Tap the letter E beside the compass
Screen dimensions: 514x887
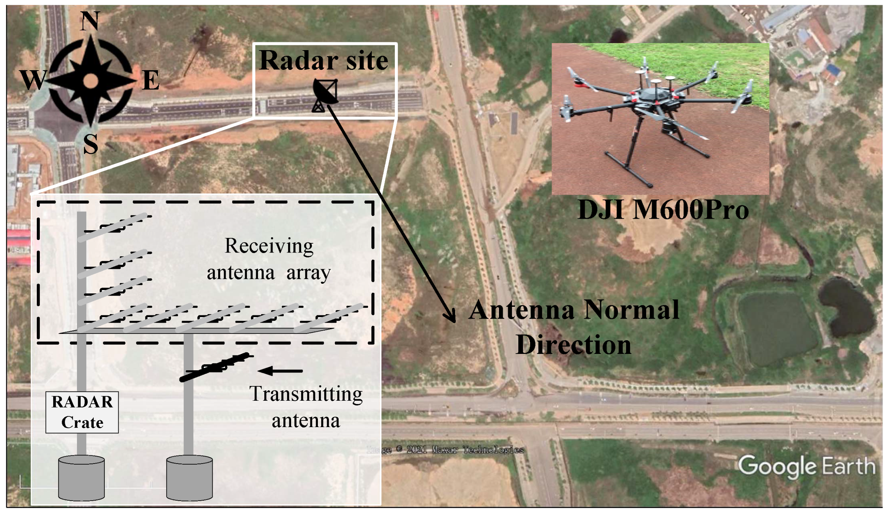click(151, 80)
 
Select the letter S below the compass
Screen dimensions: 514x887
click(90, 144)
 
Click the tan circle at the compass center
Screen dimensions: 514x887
click(90, 81)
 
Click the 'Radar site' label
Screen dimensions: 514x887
click(323, 60)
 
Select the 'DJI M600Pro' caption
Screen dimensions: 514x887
click(663, 210)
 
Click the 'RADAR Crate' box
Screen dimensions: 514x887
click(82, 412)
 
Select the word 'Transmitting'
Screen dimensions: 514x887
click(306, 394)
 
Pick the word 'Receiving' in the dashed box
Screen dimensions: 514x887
click(269, 246)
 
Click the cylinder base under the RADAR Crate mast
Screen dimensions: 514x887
click(81, 478)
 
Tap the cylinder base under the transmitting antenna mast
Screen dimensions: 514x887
click(189, 478)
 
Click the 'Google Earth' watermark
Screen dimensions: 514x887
click(806, 466)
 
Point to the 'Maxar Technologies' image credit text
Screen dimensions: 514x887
click(478, 450)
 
